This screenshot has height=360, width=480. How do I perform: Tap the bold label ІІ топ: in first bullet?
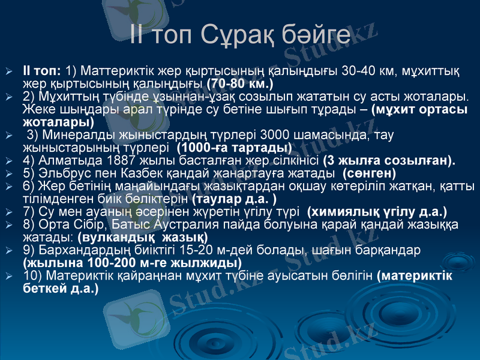(x=41, y=71)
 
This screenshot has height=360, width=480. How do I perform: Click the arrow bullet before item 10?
(x=8, y=277)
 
